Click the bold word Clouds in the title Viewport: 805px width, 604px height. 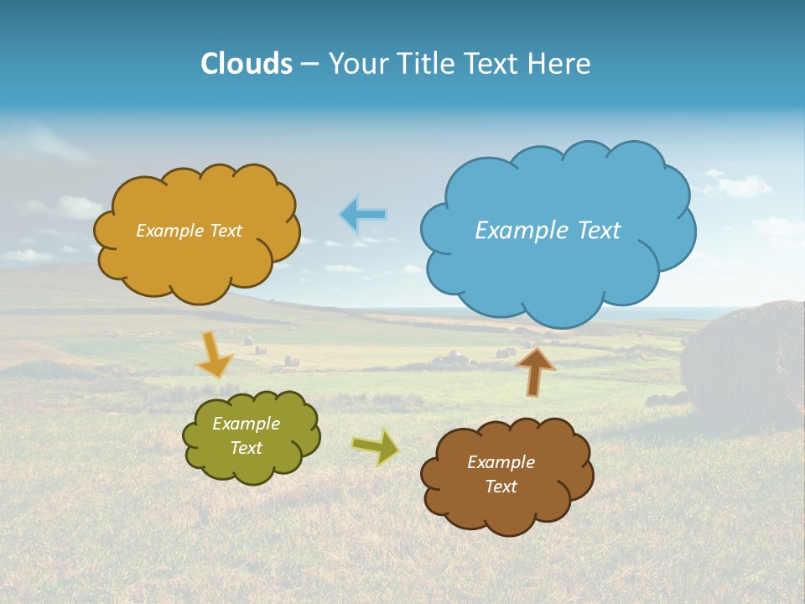(x=247, y=64)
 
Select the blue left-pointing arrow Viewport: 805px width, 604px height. (x=363, y=215)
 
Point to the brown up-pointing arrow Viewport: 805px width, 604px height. (x=534, y=372)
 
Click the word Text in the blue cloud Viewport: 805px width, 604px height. (x=599, y=231)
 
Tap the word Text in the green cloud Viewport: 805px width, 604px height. (x=247, y=448)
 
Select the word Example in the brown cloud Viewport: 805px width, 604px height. (x=501, y=462)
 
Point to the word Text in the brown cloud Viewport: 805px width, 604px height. (x=501, y=487)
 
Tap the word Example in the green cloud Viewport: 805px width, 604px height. (x=247, y=424)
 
